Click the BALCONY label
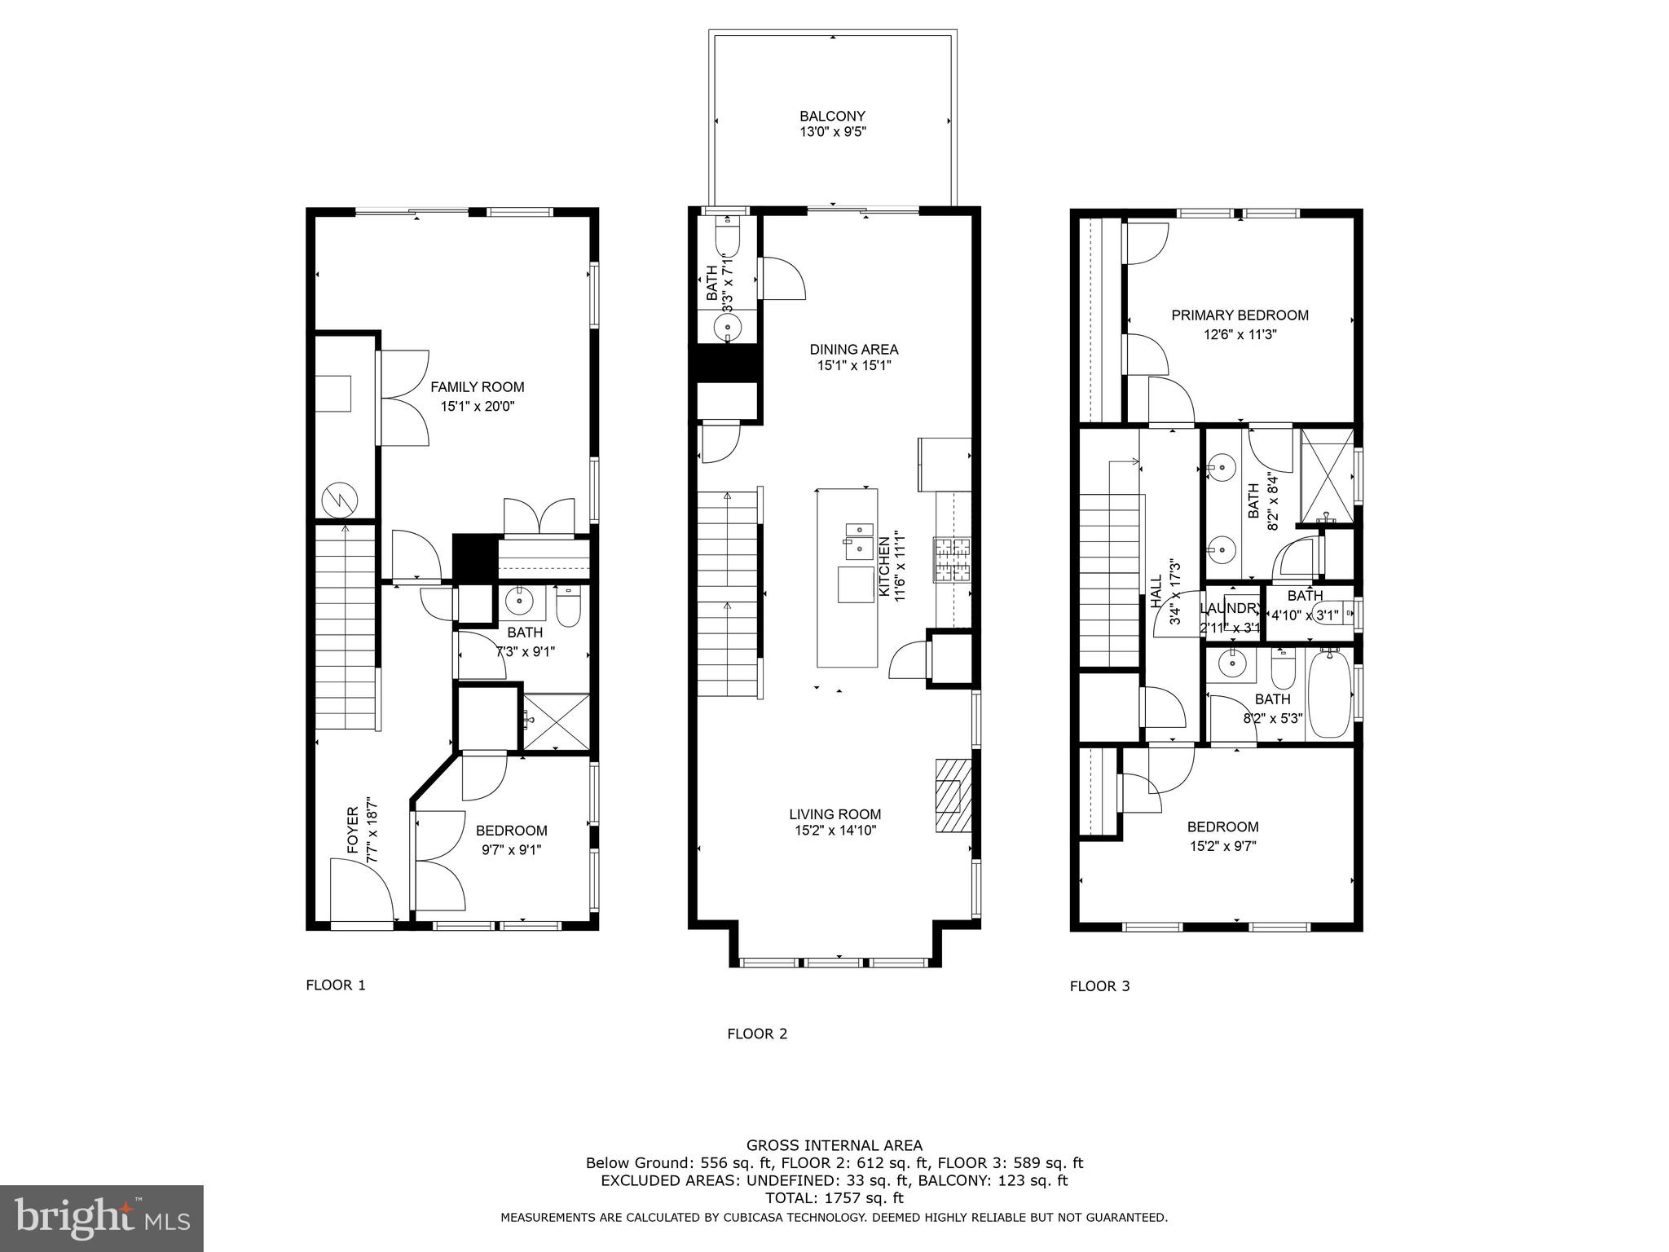click(832, 117)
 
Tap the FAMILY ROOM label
click(477, 387)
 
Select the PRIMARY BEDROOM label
click(1240, 315)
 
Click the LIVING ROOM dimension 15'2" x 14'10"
click(834, 831)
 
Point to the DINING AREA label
click(853, 350)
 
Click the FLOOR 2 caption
click(757, 1034)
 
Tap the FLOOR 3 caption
click(1099, 986)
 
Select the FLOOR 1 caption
click(336, 985)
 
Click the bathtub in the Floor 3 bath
click(1328, 694)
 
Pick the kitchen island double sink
click(857, 541)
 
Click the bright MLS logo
click(101, 1218)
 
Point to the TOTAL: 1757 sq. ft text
click(834, 1199)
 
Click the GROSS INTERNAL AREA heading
click(834, 1145)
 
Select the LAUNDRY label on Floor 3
click(1230, 609)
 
